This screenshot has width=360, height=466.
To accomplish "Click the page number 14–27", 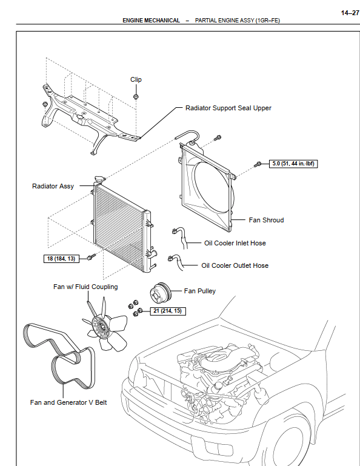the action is pyautogui.click(x=350, y=13).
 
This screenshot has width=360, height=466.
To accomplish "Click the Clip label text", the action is pyautogui.click(x=136, y=79).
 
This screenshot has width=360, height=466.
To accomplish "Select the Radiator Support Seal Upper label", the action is pyautogui.click(x=228, y=108).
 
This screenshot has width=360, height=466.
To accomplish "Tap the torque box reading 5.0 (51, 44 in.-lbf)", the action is pyautogui.click(x=293, y=164).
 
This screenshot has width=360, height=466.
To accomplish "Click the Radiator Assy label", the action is pyautogui.click(x=53, y=186).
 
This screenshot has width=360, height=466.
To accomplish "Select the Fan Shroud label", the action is pyautogui.click(x=266, y=220).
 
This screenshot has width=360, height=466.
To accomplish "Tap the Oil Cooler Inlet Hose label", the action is pyautogui.click(x=235, y=243).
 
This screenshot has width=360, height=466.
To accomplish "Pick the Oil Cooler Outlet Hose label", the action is pyautogui.click(x=235, y=265).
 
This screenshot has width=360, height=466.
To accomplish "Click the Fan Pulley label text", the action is pyautogui.click(x=200, y=291).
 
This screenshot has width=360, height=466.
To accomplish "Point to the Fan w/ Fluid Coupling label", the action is pyautogui.click(x=85, y=287).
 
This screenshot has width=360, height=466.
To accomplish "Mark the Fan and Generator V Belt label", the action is pyautogui.click(x=68, y=402).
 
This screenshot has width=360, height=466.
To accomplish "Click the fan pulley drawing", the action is pyautogui.click(x=160, y=293).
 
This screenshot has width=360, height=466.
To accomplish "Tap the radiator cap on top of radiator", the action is pyautogui.click(x=99, y=179).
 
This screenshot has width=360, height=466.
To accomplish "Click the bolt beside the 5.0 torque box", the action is pyautogui.click(x=258, y=164).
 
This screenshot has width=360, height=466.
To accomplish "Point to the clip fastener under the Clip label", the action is pyautogui.click(x=136, y=96).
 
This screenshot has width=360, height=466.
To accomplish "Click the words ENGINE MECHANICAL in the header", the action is pyautogui.click(x=151, y=21).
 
